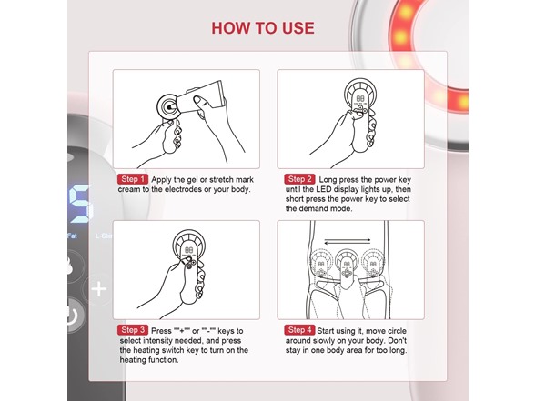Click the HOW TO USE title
pyautogui.click(x=263, y=27)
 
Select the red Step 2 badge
pyautogui.click(x=300, y=179)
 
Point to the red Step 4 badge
pyautogui.click(x=300, y=329)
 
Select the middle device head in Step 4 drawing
pyautogui.click(x=348, y=270)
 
